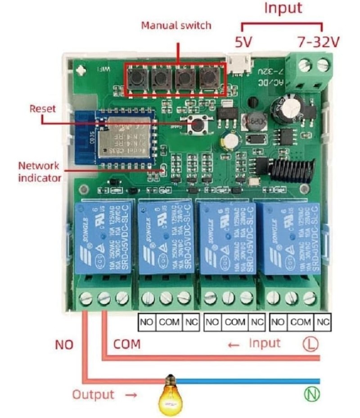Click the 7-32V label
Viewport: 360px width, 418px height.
coord(317,42)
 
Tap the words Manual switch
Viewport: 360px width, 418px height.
coord(176,25)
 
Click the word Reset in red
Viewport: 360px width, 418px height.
coord(43,108)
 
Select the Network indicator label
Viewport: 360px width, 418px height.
coord(40,171)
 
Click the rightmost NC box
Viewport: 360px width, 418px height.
coord(322,322)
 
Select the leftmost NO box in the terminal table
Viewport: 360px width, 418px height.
coord(146,322)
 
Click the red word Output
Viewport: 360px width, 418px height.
coord(94,395)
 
